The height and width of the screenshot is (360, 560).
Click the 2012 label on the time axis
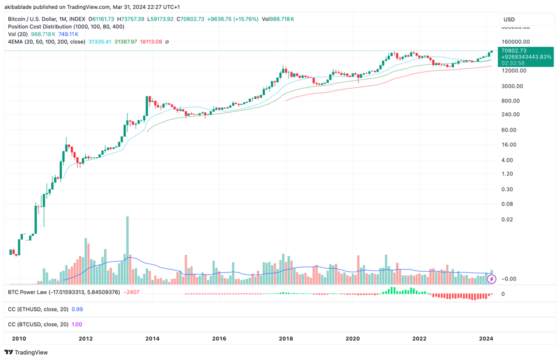click(x=85, y=338)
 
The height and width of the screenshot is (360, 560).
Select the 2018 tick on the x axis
click(x=286, y=338)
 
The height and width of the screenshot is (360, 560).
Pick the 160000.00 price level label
click(x=514, y=42)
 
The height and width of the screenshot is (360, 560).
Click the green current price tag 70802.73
click(x=525, y=51)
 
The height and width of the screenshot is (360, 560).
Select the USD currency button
click(x=509, y=19)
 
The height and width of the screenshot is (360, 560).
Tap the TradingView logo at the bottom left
click(x=26, y=352)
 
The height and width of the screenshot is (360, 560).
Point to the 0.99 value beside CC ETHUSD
click(x=77, y=309)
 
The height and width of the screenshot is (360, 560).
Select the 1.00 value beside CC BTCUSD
click(x=76, y=324)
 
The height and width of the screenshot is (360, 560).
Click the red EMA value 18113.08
click(x=151, y=42)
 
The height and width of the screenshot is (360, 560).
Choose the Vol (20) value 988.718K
click(x=43, y=34)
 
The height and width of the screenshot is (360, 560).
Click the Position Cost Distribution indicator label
click(x=65, y=27)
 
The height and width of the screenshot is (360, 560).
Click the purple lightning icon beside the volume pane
click(x=492, y=279)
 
